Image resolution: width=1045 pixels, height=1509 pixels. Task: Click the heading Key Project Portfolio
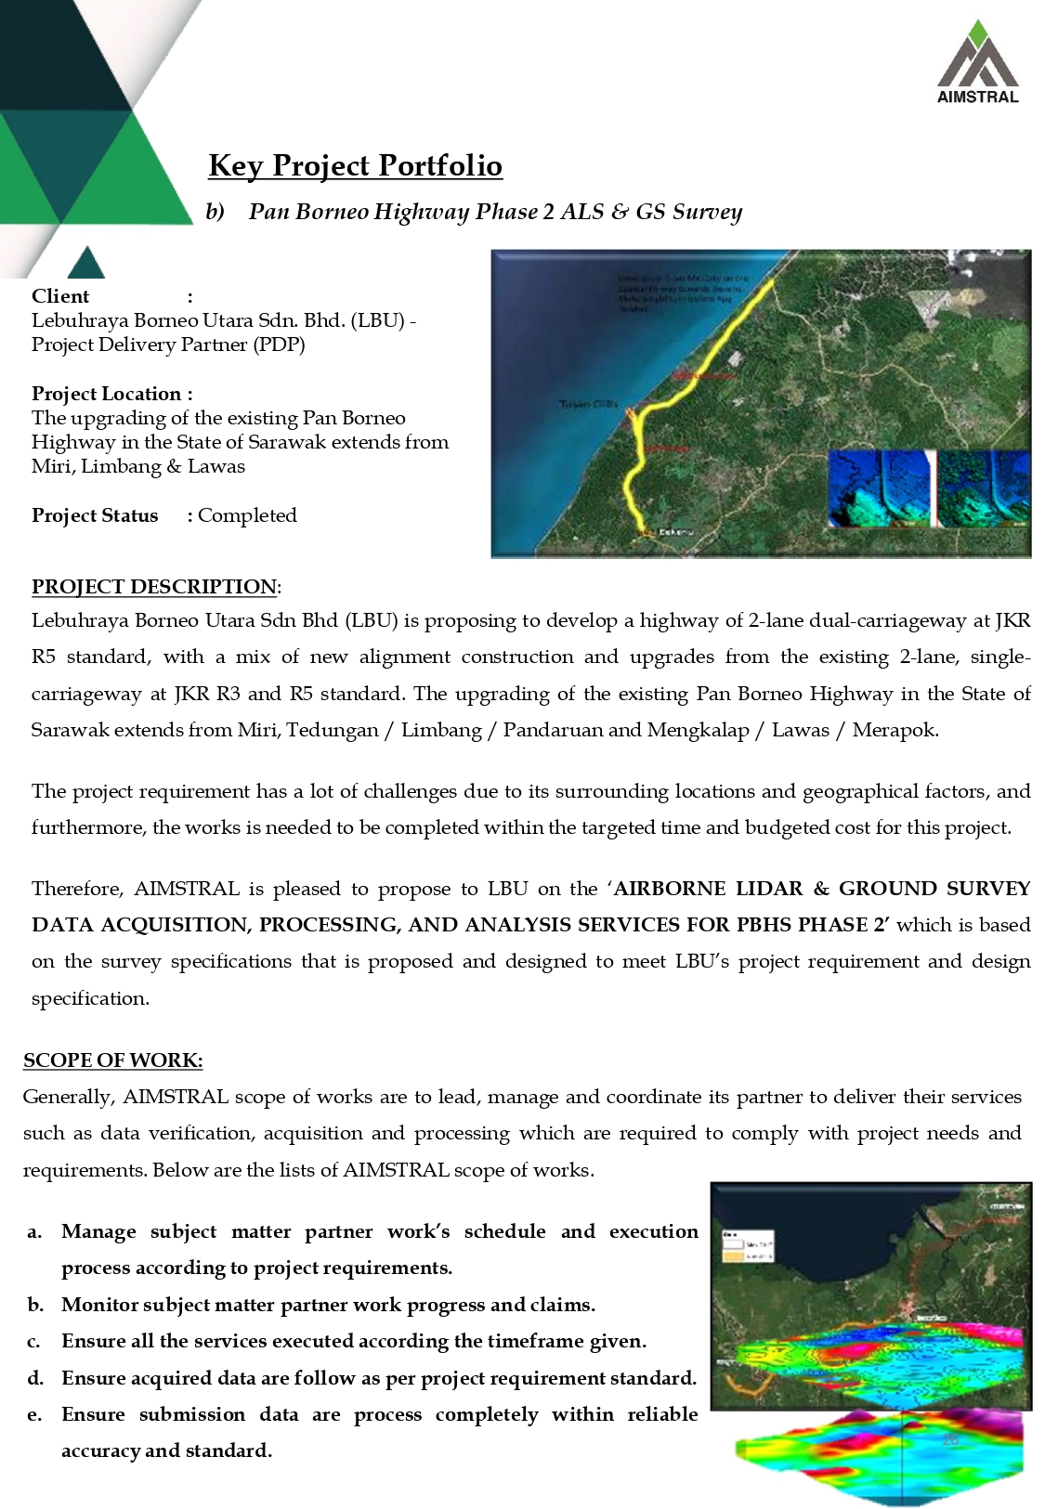coord(355,165)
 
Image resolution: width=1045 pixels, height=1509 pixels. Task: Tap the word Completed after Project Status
coord(247,515)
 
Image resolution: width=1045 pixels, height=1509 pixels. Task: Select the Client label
coord(60,296)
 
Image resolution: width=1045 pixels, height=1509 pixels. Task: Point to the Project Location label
coord(111,394)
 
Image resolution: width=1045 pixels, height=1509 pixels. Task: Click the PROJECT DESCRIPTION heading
coord(154,587)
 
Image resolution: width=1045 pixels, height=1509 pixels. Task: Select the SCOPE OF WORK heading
coord(112,1060)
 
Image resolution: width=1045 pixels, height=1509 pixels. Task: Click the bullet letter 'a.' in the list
coord(34,1232)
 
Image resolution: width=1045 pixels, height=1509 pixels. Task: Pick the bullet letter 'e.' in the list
coord(34,1415)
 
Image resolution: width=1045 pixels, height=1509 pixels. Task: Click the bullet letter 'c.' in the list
coord(34,1342)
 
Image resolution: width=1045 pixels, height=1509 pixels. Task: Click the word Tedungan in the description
coord(332,730)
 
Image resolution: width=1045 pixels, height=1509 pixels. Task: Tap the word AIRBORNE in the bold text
coord(669,889)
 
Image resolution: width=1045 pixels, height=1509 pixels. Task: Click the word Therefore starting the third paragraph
coord(77,889)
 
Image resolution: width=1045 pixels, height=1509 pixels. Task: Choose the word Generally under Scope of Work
coord(68,1097)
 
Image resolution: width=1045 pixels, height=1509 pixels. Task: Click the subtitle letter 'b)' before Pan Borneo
coord(215,212)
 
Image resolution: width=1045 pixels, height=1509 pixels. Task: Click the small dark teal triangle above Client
coord(86,264)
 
